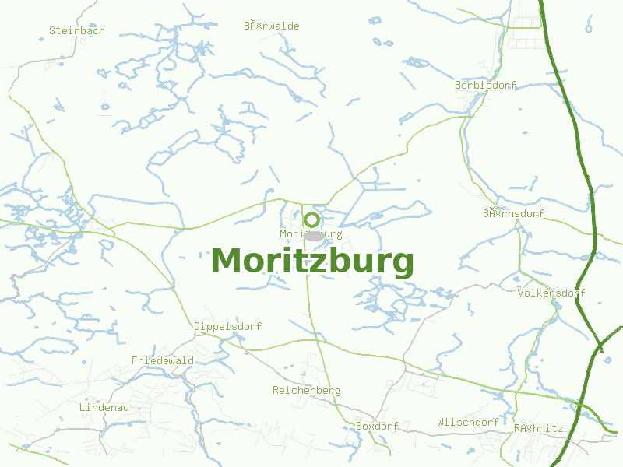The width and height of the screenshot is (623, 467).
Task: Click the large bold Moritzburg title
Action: (x=311, y=262)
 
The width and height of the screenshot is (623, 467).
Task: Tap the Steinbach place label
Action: (x=76, y=31)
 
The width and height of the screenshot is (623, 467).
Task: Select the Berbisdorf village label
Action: (x=485, y=85)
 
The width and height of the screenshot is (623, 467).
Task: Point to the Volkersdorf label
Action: (x=551, y=293)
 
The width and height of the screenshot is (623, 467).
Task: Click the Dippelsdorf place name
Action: (x=227, y=327)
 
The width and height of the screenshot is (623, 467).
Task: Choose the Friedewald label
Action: (x=163, y=361)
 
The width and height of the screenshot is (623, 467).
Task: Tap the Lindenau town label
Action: (x=104, y=408)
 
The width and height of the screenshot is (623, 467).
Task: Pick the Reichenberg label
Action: (x=306, y=391)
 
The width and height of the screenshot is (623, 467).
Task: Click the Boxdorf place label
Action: (x=377, y=427)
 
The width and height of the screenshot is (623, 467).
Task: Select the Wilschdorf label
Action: (x=468, y=423)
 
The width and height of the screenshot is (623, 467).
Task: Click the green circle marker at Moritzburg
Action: (x=311, y=220)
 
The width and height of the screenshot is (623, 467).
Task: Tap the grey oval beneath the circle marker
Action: (x=313, y=235)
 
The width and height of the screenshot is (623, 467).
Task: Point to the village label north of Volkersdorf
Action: (x=513, y=213)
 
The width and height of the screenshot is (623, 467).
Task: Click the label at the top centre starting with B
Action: (x=271, y=26)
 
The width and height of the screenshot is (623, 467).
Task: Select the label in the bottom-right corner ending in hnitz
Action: (x=538, y=428)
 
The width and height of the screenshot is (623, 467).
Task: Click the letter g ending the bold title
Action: (x=403, y=265)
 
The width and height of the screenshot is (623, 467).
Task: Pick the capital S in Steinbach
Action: (x=52, y=31)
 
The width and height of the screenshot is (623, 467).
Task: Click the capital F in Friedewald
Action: (x=135, y=361)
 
